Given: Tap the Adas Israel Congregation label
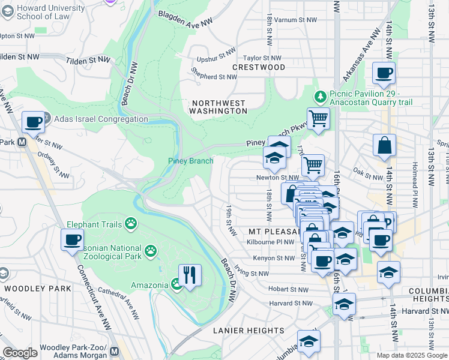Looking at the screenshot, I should [101, 119].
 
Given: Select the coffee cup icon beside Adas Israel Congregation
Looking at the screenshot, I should [33, 122].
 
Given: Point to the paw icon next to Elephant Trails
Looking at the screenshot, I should [130, 224].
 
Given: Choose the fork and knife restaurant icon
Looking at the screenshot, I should [190, 275].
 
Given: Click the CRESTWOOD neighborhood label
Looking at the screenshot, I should [259, 67].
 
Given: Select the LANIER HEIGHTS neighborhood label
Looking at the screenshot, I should [249, 331].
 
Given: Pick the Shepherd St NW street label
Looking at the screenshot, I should [214, 77].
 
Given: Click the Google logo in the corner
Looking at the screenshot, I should [20, 353].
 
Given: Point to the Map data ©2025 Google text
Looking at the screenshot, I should [411, 355].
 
